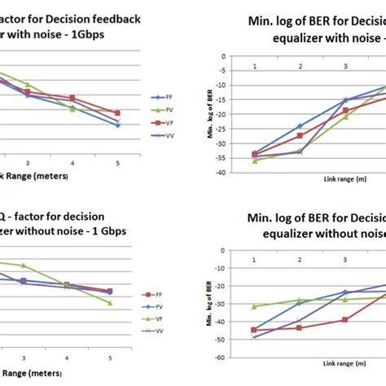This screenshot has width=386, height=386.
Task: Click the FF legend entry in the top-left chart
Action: (x=166, y=97)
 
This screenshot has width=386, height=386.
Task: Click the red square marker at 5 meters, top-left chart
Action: (x=118, y=113)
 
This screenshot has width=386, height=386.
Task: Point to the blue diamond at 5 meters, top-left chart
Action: (x=118, y=125)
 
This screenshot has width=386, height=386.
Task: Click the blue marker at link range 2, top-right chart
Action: (x=300, y=126)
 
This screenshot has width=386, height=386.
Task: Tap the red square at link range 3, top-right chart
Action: (x=345, y=109)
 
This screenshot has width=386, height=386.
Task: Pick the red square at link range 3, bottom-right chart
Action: (x=345, y=319)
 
